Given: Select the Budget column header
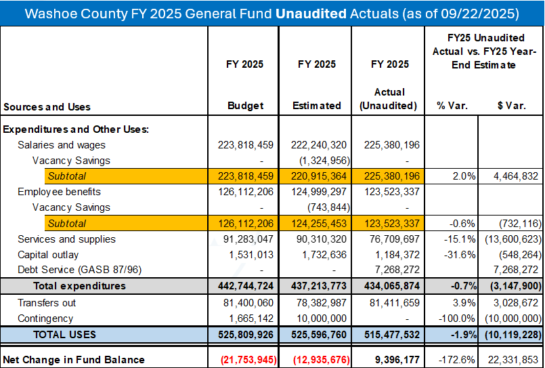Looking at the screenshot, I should pyautogui.click(x=244, y=106).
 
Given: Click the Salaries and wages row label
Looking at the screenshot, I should pyautogui.click(x=62, y=145).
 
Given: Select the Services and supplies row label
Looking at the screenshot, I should pyautogui.click(x=66, y=239).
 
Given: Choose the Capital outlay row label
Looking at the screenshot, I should pyautogui.click(x=48, y=255).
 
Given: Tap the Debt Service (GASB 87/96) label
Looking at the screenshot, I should pyautogui.click(x=75, y=270).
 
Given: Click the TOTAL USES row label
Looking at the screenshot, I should pyautogui.click(x=64, y=334).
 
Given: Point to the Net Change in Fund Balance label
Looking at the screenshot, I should pyautogui.click(x=74, y=359).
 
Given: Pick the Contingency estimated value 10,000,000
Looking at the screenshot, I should pyautogui.click(x=320, y=319).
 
